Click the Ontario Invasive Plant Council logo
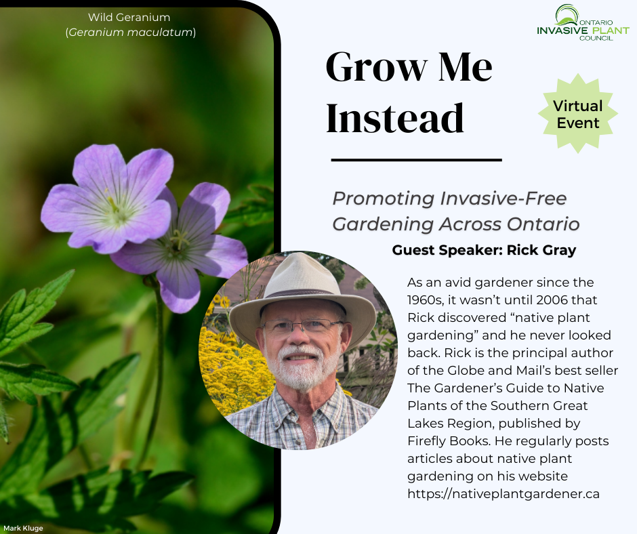[583, 22]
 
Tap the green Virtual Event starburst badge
[577, 113]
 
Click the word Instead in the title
[395, 118]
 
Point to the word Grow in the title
[377, 67]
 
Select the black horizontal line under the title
[416, 160]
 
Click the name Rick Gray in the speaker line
[541, 250]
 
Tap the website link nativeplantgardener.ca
[504, 494]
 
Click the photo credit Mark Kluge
[23, 528]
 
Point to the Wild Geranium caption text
[129, 18]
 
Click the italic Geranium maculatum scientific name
[130, 32]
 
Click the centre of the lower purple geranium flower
[179, 242]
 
